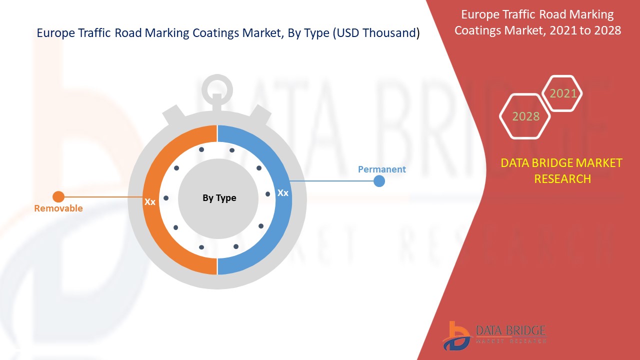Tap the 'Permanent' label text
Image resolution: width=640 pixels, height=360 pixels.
pos(382,169)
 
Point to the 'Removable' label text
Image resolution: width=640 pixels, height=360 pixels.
pos(58,208)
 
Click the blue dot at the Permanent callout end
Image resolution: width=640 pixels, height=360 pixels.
pos(379,181)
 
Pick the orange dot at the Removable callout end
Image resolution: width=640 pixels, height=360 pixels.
pos(58,196)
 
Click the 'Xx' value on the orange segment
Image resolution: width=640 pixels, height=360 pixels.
pos(150,202)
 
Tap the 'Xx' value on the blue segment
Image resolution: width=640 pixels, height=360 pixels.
pos(283,192)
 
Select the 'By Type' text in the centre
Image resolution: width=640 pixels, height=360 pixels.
pos(219,198)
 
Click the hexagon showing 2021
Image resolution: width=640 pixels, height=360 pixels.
pos(563,93)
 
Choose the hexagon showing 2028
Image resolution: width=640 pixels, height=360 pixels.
pos(525,116)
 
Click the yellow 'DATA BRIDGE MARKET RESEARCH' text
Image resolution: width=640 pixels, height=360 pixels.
pos(562,170)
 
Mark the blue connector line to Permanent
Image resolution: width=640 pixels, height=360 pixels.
pos(332,180)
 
